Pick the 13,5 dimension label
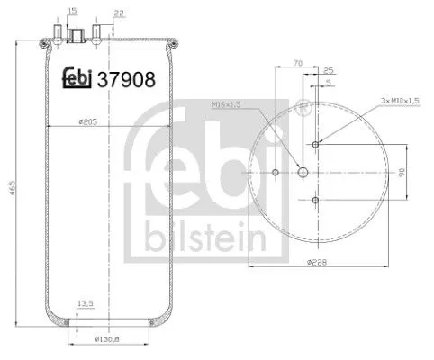coord(86,303)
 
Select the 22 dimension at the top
coord(119,13)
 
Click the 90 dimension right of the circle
coord(401,171)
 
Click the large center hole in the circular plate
coord(303,172)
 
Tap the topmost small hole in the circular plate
coord(316,144)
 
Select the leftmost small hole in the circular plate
coord(275,172)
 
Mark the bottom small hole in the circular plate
coord(316,200)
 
